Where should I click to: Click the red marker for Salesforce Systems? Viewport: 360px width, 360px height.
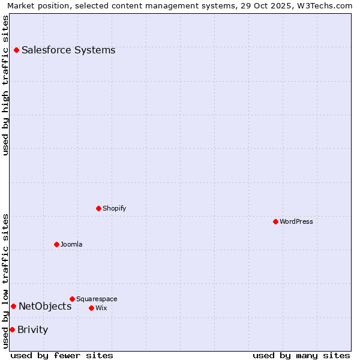point(16,50)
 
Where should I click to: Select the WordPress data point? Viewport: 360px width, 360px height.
point(275,222)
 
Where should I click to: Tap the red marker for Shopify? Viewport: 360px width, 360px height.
point(98,209)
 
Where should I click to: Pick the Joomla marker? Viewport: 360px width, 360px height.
point(56,245)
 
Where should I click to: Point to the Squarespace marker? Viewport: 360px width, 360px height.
point(72,299)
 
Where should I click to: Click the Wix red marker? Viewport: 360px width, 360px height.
point(91,308)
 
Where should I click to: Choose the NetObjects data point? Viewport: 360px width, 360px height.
point(13,307)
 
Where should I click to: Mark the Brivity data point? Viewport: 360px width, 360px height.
point(12,329)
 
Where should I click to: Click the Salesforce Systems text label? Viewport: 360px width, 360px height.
point(68,50)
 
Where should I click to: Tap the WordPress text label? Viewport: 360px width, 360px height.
point(296,222)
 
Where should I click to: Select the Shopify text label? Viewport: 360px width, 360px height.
point(114,209)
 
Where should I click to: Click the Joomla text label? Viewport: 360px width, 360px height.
point(71,245)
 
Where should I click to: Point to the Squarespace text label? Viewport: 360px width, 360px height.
point(97,299)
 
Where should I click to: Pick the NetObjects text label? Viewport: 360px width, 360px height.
point(45,307)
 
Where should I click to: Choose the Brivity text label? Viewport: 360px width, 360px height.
point(32,330)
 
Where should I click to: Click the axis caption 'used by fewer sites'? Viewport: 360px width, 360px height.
point(62,356)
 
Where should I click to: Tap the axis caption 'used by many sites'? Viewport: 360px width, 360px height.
point(301,356)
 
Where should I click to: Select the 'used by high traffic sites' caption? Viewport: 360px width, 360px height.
point(6,85)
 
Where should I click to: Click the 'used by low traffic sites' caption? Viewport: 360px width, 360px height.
point(6,280)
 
